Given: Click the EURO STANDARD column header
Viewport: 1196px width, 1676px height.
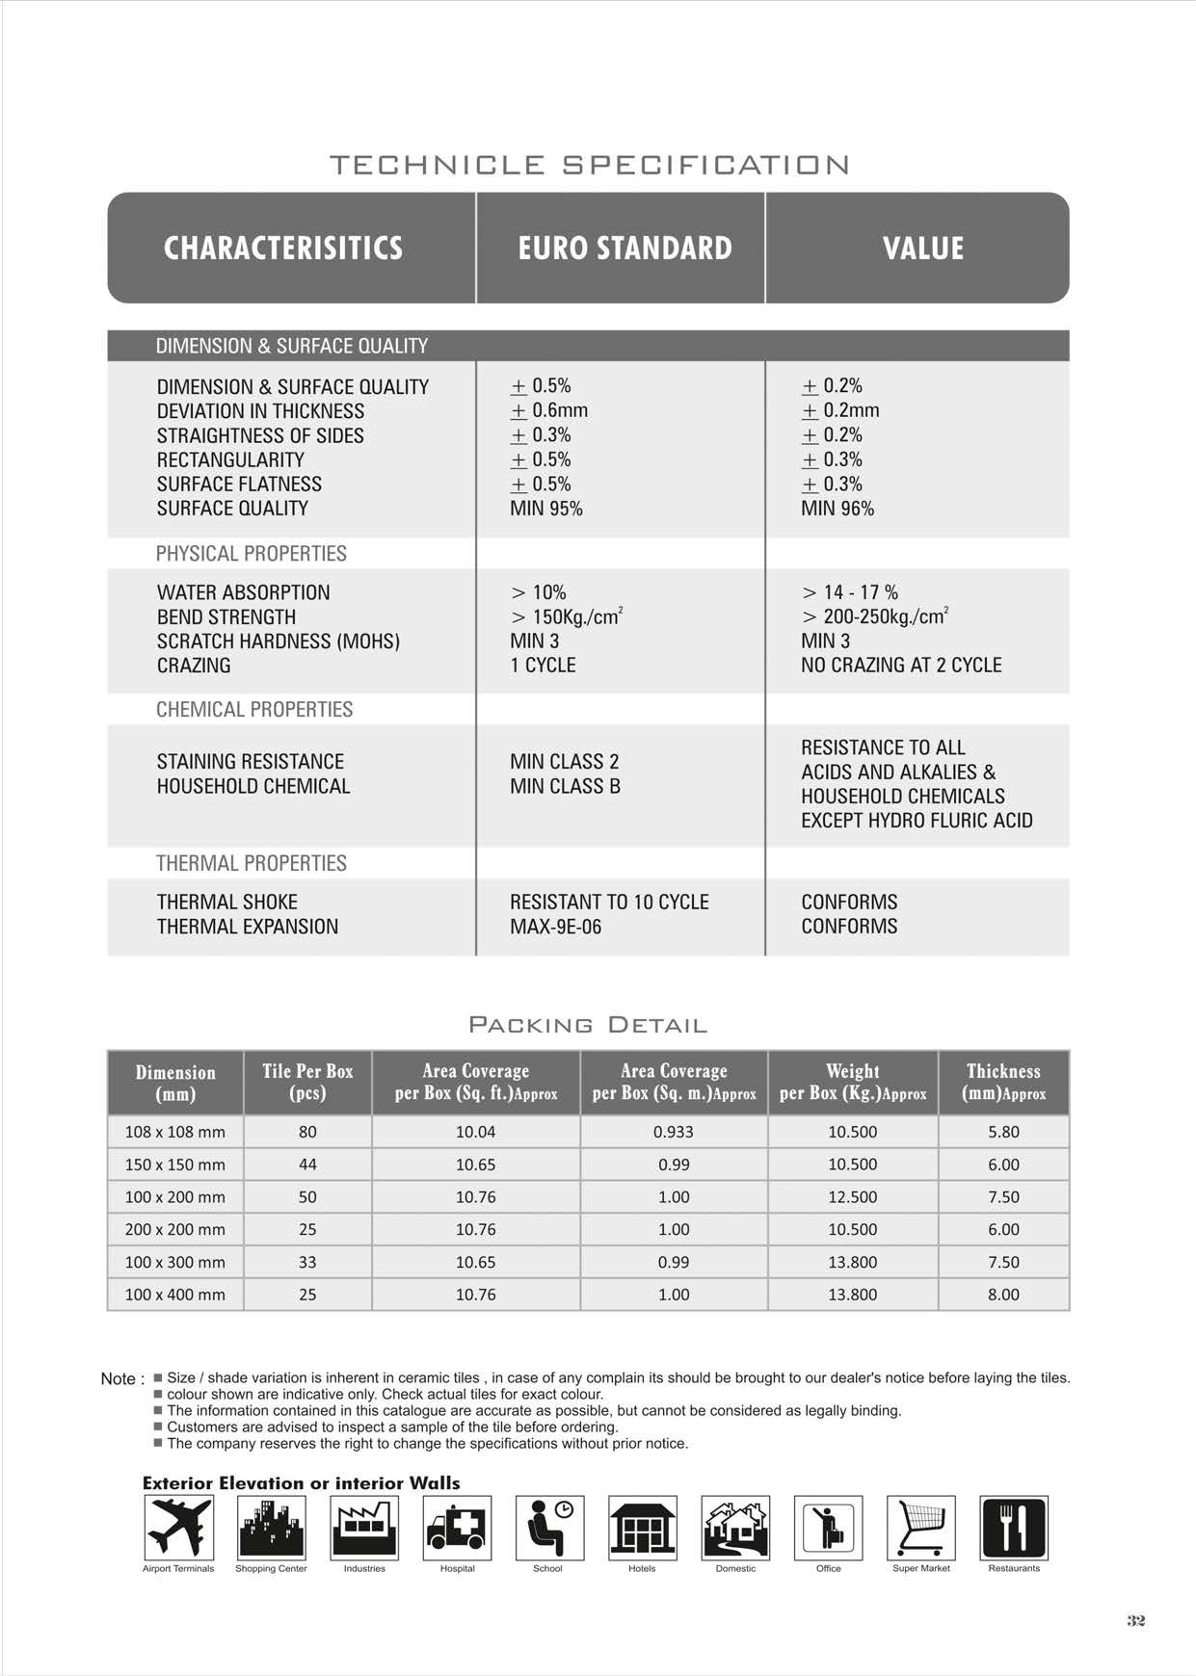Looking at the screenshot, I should coord(625,248).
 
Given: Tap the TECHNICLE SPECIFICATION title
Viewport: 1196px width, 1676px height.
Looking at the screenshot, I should coord(590,165).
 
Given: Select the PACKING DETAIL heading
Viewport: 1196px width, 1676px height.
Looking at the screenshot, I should coord(588,1025).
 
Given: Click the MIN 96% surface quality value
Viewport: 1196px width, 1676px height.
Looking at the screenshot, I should coord(837,509).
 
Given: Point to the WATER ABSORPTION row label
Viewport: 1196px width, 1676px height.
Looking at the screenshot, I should coord(243,592).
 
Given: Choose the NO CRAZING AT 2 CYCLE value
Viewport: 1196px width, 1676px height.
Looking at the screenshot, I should coord(901,666).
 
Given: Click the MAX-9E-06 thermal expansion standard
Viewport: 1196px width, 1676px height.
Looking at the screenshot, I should coord(555,927).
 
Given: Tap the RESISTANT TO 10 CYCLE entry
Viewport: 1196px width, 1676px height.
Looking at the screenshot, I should coord(609,903).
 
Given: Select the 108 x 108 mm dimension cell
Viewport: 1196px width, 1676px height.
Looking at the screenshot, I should coord(174,1132).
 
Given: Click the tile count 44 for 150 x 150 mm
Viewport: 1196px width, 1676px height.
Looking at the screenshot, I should coord(307,1165).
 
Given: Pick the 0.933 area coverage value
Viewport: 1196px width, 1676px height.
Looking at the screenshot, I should coord(673,1132).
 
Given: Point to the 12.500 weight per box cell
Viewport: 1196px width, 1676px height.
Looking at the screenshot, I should coord(852,1197).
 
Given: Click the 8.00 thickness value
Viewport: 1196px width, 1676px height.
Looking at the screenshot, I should coord(1003,1295).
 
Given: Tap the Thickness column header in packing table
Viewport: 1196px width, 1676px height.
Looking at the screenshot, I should coord(1003,1082).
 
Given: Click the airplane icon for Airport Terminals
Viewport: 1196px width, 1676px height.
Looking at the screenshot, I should coord(178,1528).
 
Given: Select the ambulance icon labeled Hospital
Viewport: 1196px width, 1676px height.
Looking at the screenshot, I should coord(457,1528).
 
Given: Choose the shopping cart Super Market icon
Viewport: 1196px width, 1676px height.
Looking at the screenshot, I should coord(920,1528).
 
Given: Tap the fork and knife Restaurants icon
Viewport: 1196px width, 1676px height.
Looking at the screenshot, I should coord(1013,1528).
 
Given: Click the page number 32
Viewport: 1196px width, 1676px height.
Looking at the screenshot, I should coord(1136,1621).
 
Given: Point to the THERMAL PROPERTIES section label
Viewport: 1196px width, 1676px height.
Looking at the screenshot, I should coord(251,863).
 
